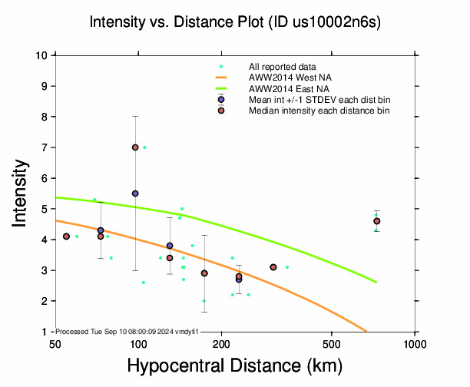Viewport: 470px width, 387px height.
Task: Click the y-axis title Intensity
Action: tap(22, 192)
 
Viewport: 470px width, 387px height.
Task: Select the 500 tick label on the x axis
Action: tap(332, 342)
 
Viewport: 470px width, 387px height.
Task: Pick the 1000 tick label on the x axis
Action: tap(415, 342)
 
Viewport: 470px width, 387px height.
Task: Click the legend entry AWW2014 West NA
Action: tap(291, 78)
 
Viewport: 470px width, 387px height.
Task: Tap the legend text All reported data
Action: tap(281, 67)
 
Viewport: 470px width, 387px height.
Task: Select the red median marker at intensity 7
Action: tap(135, 147)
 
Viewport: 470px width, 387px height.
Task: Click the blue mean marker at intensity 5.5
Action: tap(135, 193)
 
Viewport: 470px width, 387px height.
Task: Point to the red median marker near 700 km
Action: tap(376, 221)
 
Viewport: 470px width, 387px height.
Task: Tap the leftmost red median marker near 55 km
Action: tap(67, 237)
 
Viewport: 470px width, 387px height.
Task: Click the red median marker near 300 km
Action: tap(273, 267)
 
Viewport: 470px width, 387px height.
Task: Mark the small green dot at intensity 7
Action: tap(144, 147)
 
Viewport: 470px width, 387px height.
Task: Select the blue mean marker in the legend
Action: tap(221, 100)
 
